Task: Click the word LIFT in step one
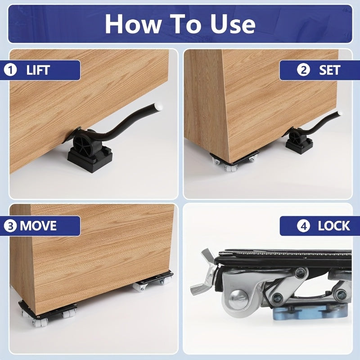38,70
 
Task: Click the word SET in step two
330,70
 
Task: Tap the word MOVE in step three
38,225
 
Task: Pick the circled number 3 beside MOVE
9,225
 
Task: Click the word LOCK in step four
334,226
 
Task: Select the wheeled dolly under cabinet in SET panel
234,161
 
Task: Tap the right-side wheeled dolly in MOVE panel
153,282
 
